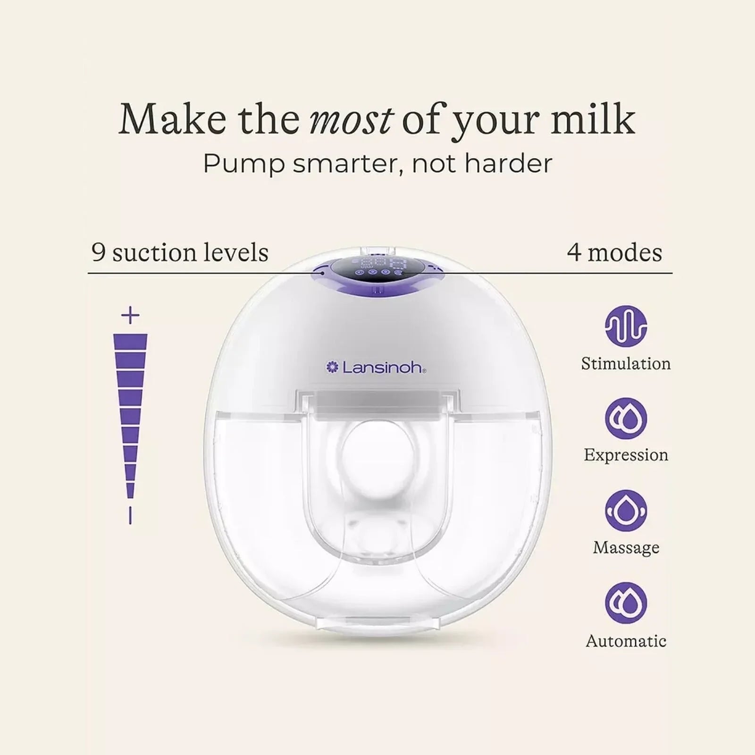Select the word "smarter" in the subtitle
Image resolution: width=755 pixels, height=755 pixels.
point(346,164)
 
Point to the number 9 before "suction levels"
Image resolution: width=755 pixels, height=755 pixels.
point(98,252)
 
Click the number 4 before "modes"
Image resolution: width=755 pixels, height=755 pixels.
point(574,252)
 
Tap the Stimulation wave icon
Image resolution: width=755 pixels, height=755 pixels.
point(626,326)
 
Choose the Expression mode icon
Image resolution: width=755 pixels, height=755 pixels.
point(626,419)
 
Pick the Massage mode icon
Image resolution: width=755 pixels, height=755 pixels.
point(626,511)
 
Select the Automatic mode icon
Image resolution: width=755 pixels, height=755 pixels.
point(626,603)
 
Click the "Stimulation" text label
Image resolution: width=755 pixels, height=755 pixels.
point(626,364)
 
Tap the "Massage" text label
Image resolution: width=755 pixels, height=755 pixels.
point(626,547)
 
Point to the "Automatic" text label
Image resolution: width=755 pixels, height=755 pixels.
point(626,641)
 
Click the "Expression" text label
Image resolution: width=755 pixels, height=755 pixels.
point(626,455)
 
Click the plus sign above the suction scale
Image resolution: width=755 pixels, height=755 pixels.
point(130,315)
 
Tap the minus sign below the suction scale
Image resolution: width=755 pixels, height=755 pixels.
point(130,516)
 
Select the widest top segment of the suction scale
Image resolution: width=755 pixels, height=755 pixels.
point(130,341)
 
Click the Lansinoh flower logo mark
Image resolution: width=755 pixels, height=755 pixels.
point(333,367)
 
